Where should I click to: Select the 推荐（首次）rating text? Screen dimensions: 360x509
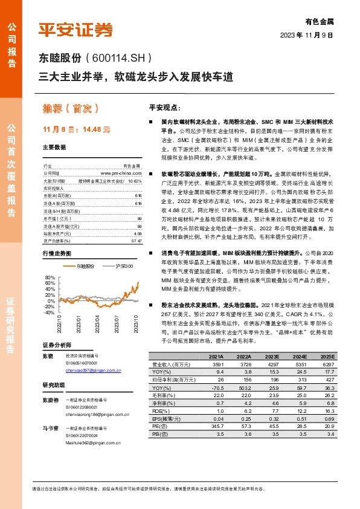(71, 109)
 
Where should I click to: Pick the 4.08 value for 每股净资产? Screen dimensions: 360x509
(138, 216)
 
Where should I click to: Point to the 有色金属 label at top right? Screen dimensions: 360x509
(321, 21)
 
